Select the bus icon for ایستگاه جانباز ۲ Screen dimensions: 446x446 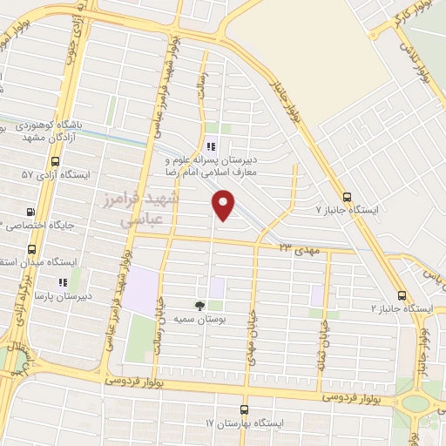coord(402,295)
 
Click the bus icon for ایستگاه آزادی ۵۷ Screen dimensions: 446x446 coord(56,161)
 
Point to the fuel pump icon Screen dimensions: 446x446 coord(32,211)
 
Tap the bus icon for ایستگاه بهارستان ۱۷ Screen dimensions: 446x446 coord(243,409)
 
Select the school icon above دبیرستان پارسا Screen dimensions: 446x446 coord(62,282)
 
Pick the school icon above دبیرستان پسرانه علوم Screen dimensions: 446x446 coord(210,146)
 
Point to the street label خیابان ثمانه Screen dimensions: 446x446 coord(324,334)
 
